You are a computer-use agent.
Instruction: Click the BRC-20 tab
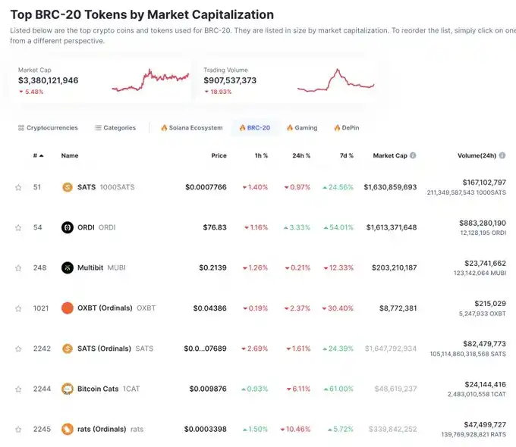pos(255,128)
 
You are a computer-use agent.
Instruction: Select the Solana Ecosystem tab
pos(191,128)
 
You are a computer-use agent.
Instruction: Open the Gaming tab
pos(302,128)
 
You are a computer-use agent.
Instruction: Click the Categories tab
pos(115,128)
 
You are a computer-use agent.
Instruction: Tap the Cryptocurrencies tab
pos(48,128)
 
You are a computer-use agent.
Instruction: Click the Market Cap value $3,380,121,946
pos(48,80)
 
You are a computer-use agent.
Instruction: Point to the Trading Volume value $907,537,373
pos(230,80)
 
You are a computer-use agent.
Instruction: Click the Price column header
pos(219,155)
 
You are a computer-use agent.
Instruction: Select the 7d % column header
pos(346,155)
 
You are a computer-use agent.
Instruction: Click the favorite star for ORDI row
pos(18,227)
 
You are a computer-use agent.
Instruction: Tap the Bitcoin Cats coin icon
pos(67,389)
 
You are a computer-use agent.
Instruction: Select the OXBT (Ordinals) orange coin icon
pos(67,308)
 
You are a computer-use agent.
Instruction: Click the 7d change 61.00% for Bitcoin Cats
pos(338,389)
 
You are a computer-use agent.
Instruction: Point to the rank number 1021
pos(41,308)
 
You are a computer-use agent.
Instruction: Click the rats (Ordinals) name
pos(102,430)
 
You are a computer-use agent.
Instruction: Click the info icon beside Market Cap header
pos(413,155)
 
